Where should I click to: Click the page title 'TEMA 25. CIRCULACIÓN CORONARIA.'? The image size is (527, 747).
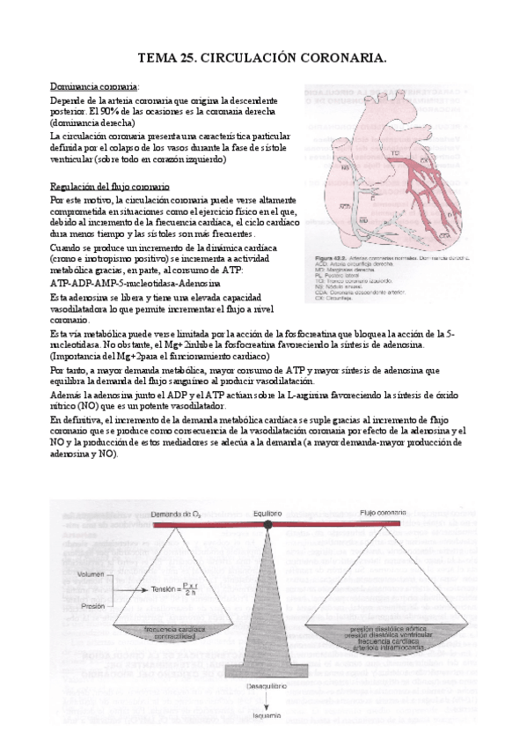pyautogui.click(x=263, y=59)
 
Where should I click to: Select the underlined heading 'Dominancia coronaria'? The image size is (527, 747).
pyautogui.click(x=94, y=87)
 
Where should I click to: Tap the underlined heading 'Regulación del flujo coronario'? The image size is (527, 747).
pyautogui.click(x=110, y=189)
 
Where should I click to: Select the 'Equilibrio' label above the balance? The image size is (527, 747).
pyautogui.click(x=266, y=513)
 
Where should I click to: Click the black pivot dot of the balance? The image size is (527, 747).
pyautogui.click(x=267, y=525)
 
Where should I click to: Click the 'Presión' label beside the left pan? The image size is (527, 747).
pyautogui.click(x=91, y=606)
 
